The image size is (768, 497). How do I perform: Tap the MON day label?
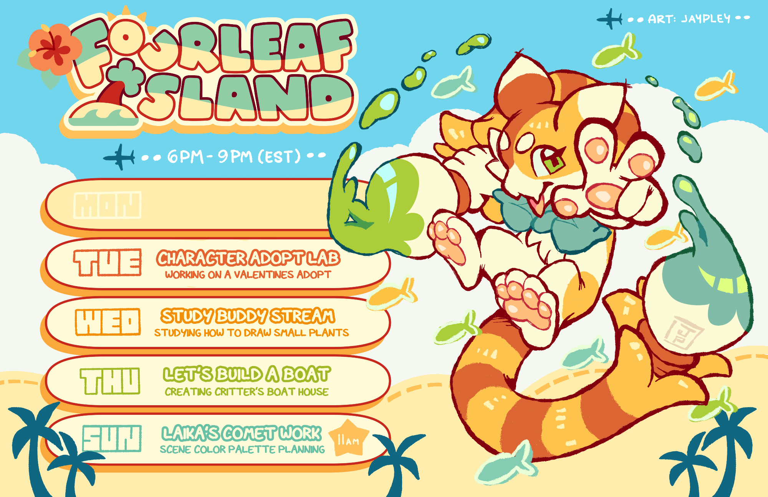coord(108,205)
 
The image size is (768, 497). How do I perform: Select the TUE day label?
coord(108,263)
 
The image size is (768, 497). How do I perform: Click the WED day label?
coord(108,322)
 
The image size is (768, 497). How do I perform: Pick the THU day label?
coord(110,381)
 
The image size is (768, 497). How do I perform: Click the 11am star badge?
coord(349,438)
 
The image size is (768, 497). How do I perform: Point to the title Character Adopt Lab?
coord(248,258)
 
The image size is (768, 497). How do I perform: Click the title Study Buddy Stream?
coord(248,316)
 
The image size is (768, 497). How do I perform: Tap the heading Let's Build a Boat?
coord(247,374)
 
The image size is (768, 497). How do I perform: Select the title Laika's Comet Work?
coord(242,433)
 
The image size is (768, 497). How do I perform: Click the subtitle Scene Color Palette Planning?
coord(242,449)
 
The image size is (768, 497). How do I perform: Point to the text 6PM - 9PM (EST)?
coord(234,157)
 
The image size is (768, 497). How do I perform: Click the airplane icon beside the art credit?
coord(609,18)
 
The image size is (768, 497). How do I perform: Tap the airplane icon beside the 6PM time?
coord(119,157)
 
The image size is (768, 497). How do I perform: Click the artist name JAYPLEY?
coord(706,18)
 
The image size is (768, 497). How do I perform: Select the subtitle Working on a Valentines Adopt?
coord(248,275)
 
